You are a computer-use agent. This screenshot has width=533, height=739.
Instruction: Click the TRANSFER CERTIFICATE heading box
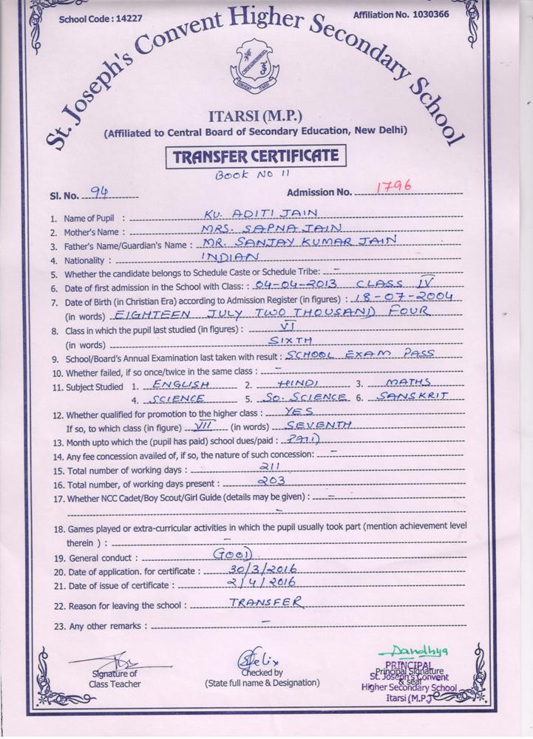point(256,157)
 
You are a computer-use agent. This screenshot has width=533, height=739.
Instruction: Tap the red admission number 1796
point(393,187)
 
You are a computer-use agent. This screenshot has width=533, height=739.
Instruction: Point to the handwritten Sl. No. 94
point(98,194)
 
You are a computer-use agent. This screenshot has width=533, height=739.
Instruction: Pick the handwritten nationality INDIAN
point(231,257)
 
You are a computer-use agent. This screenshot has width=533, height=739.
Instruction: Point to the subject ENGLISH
point(181,385)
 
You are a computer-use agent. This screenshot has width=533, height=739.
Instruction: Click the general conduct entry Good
point(233,554)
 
